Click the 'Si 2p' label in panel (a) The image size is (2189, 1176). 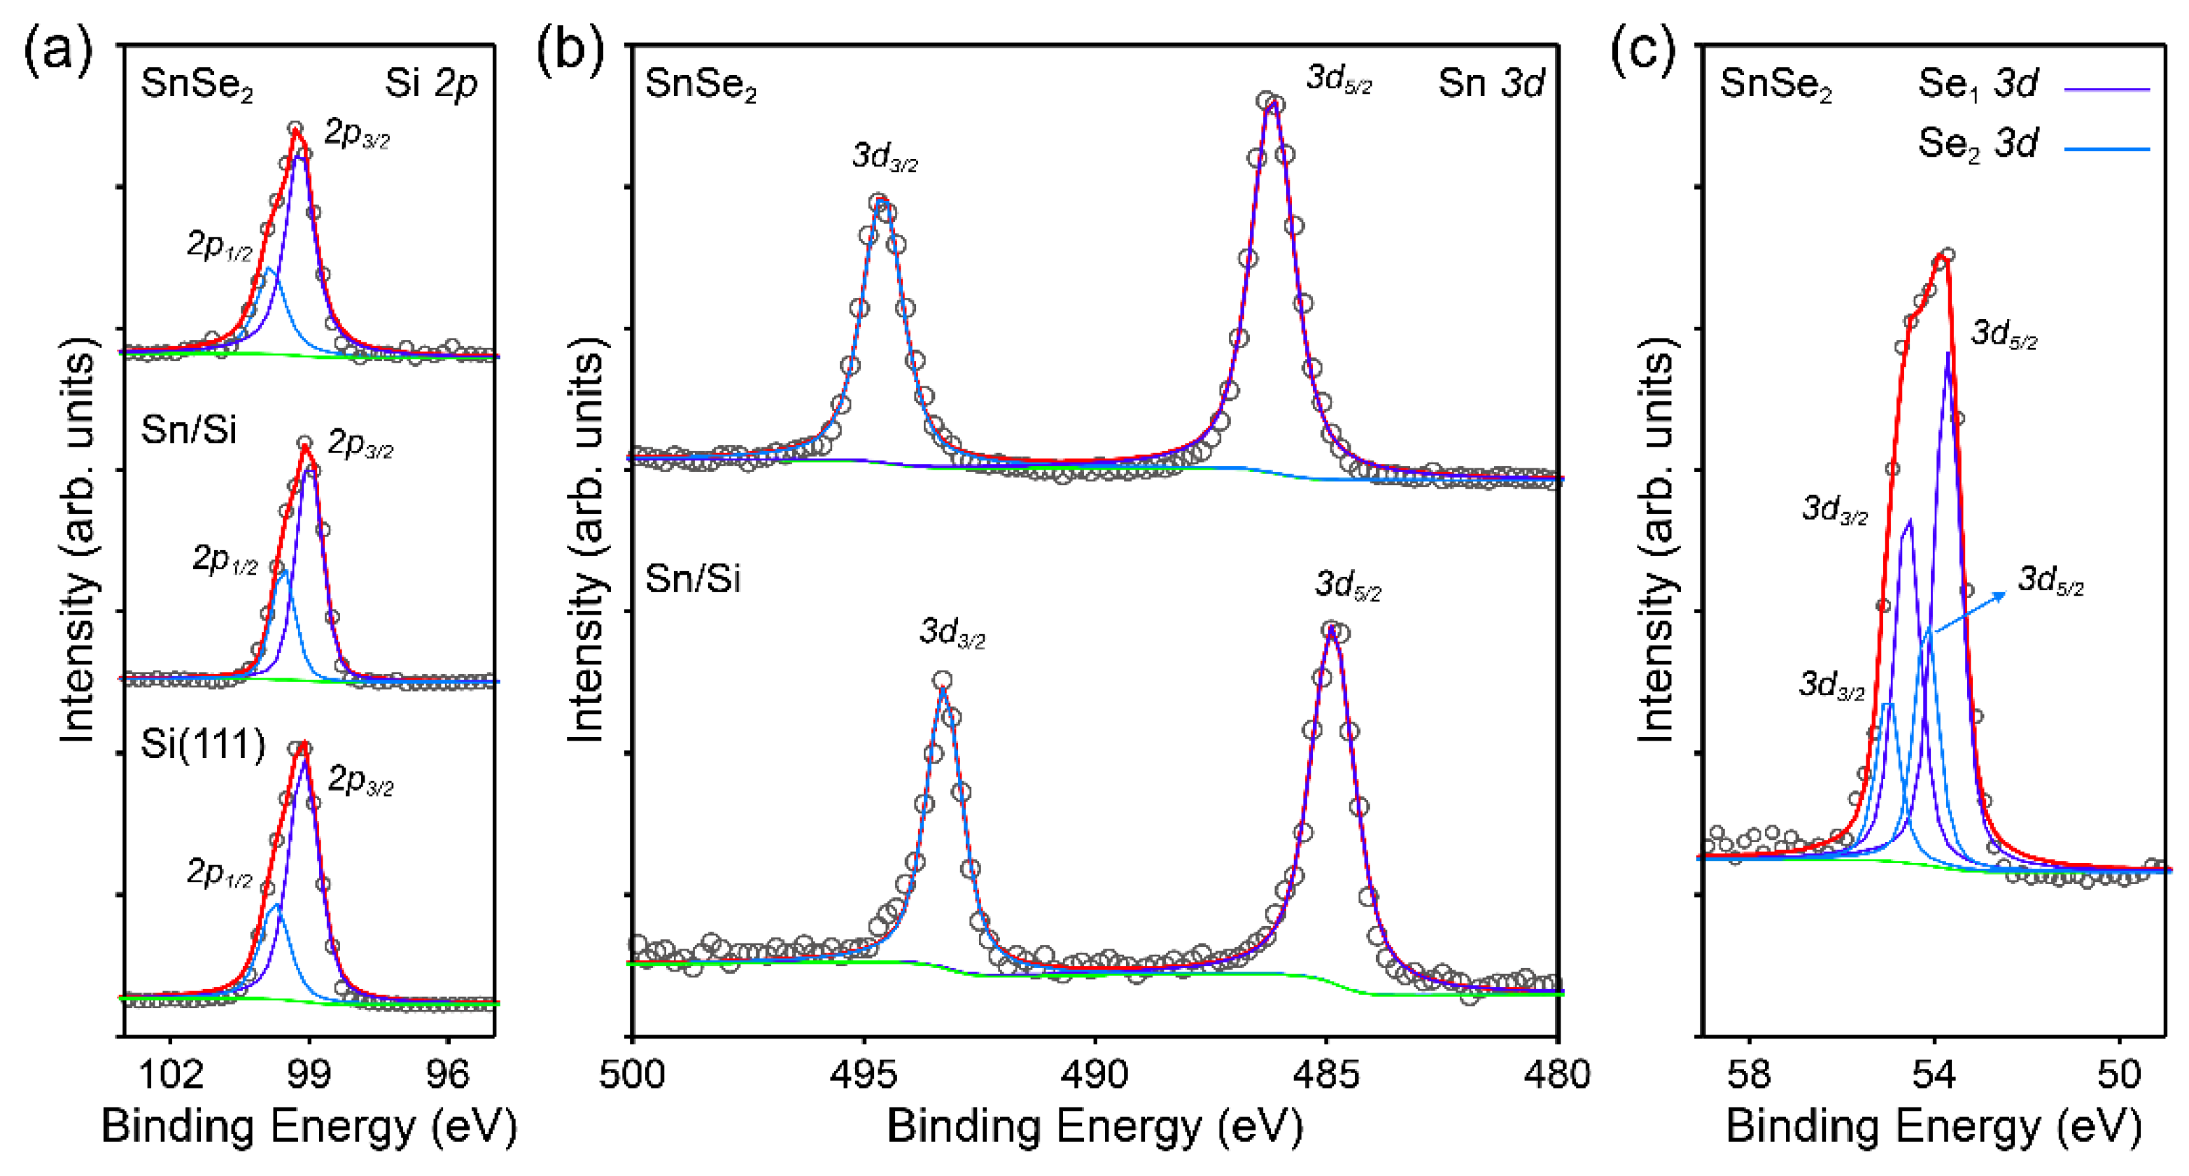tap(431, 83)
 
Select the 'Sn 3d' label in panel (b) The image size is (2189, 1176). tap(1491, 83)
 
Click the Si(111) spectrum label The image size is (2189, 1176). tap(203, 744)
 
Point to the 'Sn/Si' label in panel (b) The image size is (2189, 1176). tap(693, 580)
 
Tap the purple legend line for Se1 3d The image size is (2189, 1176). tap(2106, 88)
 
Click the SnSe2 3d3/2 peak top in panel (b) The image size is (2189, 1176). tap(881, 204)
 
